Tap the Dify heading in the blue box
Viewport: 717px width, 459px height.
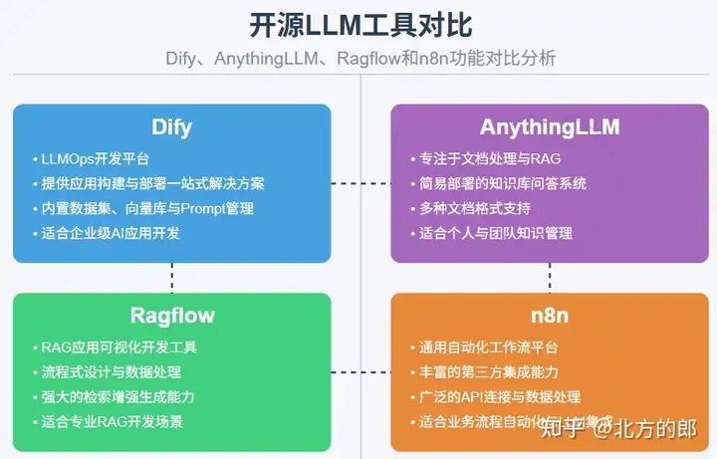click(171, 127)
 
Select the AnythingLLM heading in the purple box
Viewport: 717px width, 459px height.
click(549, 127)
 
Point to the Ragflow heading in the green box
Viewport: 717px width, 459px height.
click(171, 317)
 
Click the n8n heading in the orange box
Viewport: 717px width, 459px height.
click(549, 317)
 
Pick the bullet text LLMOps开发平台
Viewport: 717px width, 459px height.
click(96, 159)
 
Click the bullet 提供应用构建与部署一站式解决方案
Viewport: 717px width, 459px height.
click(152, 184)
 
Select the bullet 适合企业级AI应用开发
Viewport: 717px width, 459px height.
click(111, 234)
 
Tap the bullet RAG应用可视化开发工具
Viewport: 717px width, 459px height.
click(119, 347)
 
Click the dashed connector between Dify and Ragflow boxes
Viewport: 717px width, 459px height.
click(172, 277)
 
